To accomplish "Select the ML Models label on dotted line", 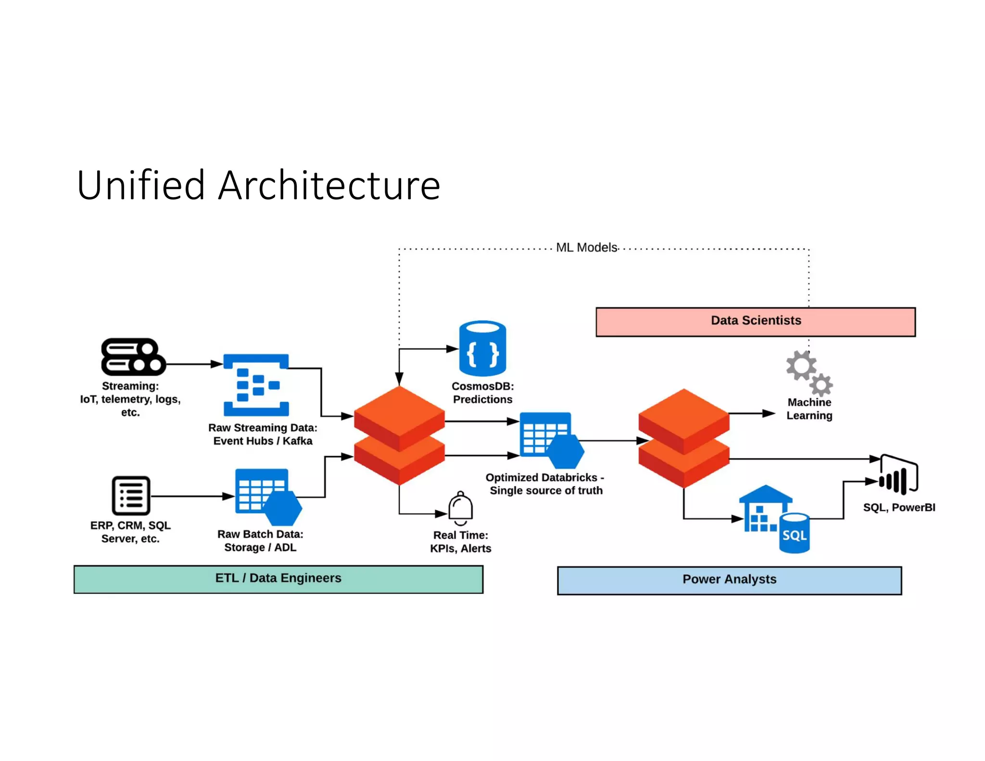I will pos(586,248).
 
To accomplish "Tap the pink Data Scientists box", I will pos(755,321).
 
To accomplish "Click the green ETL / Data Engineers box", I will pos(278,579).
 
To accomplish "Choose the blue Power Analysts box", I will pos(729,580).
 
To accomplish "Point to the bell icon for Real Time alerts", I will pos(460,508).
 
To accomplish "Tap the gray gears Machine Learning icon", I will pos(809,372).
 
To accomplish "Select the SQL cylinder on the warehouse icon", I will pos(794,533).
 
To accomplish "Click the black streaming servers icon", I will pos(133,356).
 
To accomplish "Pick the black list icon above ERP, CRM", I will pos(131,495).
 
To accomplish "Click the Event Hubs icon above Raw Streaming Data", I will pos(256,385).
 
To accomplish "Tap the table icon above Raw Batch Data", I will pos(266,495).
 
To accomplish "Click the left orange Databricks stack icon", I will pos(399,435).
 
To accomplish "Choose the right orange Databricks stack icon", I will pos(683,438).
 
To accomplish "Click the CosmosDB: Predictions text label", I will pos(482,393).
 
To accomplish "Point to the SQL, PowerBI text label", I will pos(898,507).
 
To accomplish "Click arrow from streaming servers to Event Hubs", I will pos(192,364).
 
